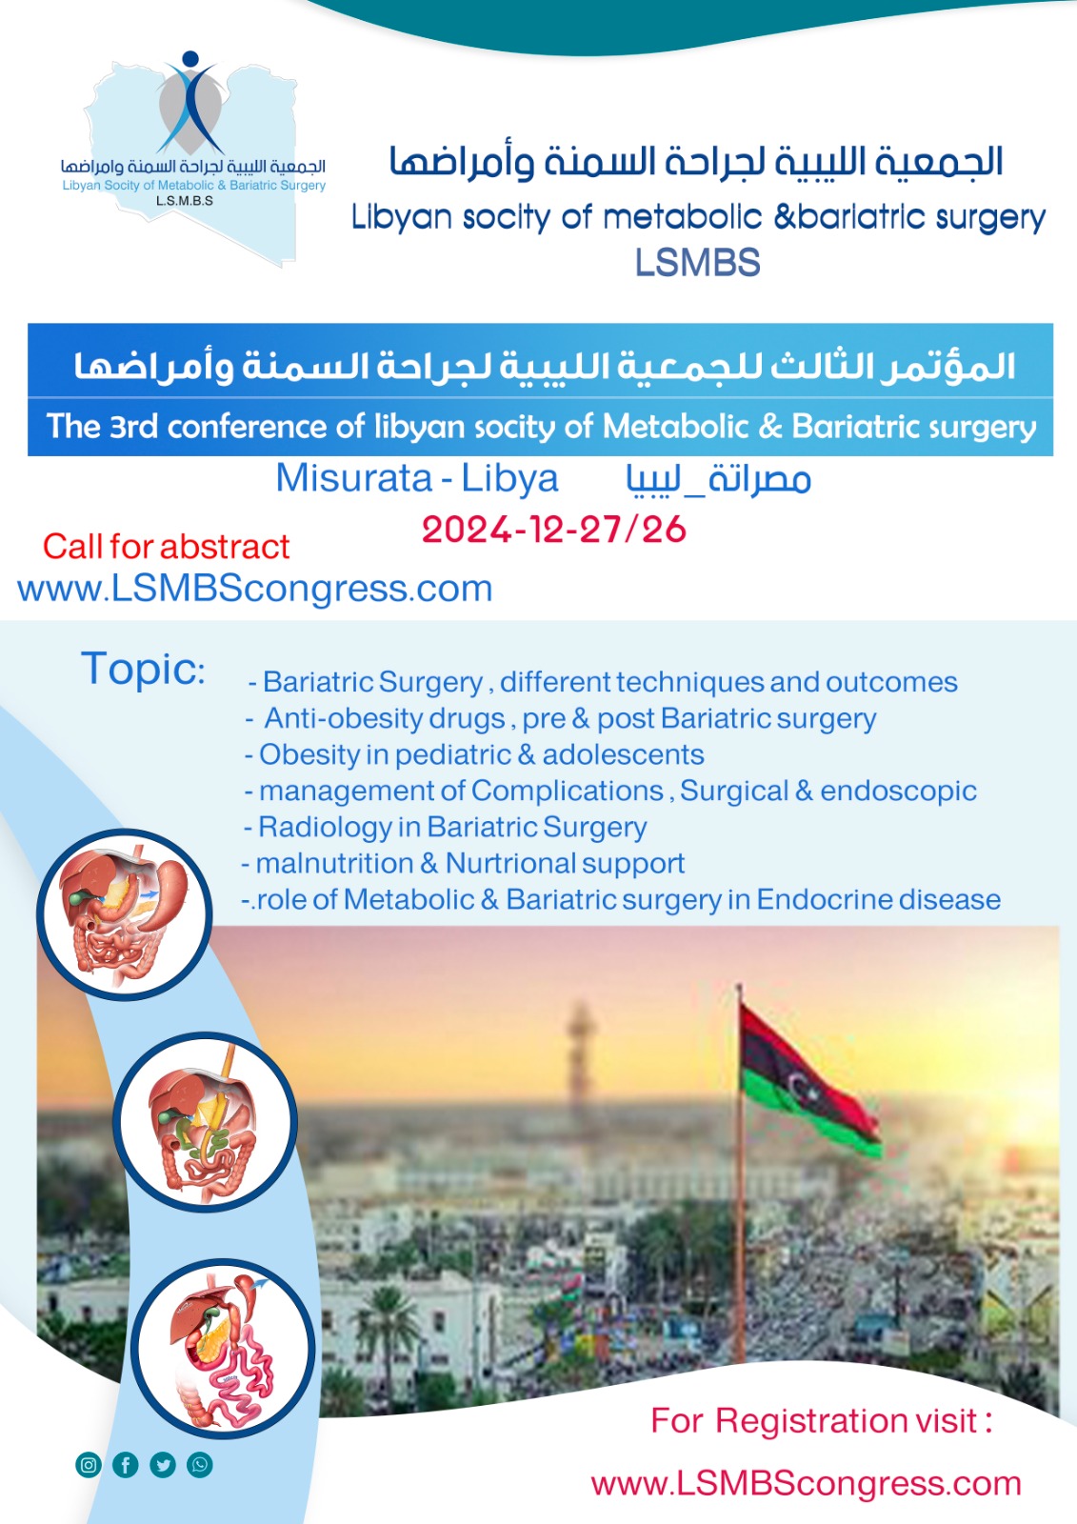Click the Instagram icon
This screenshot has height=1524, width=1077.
pyautogui.click(x=89, y=1464)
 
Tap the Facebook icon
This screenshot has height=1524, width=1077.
pyautogui.click(x=126, y=1464)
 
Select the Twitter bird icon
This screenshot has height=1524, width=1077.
pyautogui.click(x=163, y=1464)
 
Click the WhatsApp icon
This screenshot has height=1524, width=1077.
pyautogui.click(x=200, y=1464)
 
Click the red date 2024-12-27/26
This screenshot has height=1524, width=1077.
pyautogui.click(x=554, y=530)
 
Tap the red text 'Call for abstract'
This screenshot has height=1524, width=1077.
pyautogui.click(x=166, y=547)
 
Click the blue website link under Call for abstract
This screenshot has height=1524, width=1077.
pyautogui.click(x=254, y=590)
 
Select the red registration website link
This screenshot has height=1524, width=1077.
pyautogui.click(x=807, y=1484)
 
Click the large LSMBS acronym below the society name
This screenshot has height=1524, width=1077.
pyautogui.click(x=698, y=263)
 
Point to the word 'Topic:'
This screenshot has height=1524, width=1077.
pyautogui.click(x=143, y=669)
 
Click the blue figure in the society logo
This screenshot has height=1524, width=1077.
pyautogui.click(x=191, y=102)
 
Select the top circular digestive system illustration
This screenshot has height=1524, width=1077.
pyautogui.click(x=125, y=914)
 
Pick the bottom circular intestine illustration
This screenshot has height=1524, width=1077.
pyautogui.click(x=223, y=1348)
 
